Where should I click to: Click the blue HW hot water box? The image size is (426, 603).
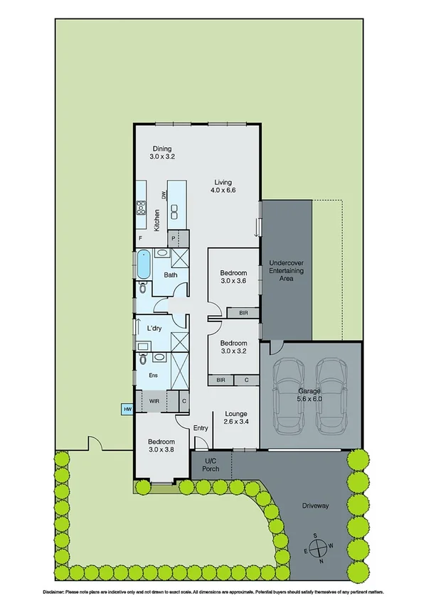pyautogui.click(x=128, y=410)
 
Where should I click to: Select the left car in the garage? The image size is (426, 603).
pyautogui.click(x=289, y=395)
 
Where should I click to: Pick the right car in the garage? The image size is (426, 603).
pyautogui.click(x=331, y=395)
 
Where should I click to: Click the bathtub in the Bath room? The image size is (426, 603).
pyautogui.click(x=144, y=265)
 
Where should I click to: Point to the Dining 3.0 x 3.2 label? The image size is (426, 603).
pyautogui.click(x=162, y=152)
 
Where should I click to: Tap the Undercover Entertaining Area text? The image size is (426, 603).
pyautogui.click(x=286, y=272)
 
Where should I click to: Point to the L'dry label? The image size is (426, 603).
pyautogui.click(x=154, y=329)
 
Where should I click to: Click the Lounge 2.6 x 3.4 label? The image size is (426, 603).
pyautogui.click(x=235, y=418)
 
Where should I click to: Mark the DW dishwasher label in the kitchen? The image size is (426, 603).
pyautogui.click(x=164, y=196)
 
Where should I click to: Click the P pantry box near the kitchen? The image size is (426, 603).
pyautogui.click(x=173, y=240)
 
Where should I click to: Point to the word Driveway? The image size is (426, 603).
pyautogui.click(x=315, y=506)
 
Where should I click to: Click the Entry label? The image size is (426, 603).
pyautogui.click(x=201, y=428)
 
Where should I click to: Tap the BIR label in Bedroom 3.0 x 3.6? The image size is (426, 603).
pyautogui.click(x=243, y=312)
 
